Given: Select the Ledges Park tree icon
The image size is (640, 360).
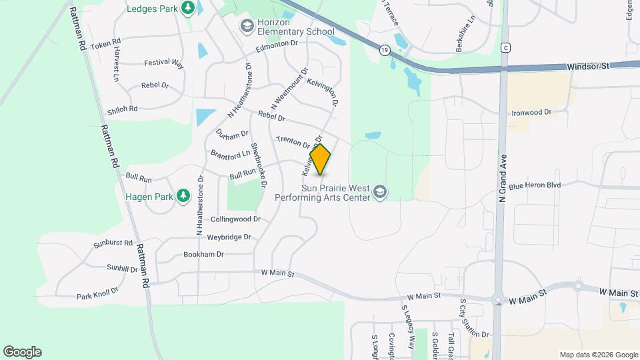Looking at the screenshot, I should [x=189, y=7].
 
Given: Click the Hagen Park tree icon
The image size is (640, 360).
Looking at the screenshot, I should [x=182, y=197].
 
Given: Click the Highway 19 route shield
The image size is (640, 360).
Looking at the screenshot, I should [x=385, y=50].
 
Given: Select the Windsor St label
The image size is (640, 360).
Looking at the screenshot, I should [x=589, y=67].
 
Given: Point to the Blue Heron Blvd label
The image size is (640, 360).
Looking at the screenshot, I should [x=535, y=185].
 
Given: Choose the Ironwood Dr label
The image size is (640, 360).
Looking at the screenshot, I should [x=531, y=113].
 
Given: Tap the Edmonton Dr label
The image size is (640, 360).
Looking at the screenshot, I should [x=276, y=46].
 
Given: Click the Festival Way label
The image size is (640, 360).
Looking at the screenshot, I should [x=163, y=63].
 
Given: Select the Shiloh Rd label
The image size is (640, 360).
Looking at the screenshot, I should [x=123, y=109].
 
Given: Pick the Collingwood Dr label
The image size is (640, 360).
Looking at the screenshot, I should [x=235, y=219].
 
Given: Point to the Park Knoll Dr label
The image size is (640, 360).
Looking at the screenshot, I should [x=97, y=293].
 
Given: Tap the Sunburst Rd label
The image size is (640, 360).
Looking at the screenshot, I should [x=113, y=243].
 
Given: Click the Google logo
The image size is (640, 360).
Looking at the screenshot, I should [x=22, y=352].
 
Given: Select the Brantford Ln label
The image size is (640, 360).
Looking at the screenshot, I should [x=230, y=153].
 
